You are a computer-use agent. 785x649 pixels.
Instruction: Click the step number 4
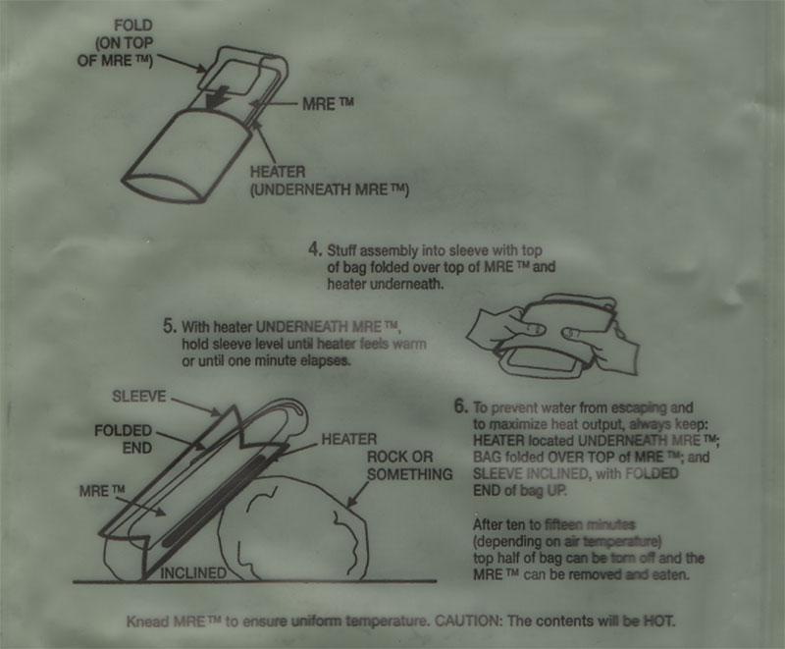click(x=315, y=248)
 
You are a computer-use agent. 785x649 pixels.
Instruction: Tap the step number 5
click(x=170, y=327)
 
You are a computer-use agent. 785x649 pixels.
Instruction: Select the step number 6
click(x=461, y=406)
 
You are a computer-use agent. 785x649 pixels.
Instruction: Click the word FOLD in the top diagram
click(x=132, y=26)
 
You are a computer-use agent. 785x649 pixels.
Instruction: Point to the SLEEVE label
click(x=138, y=396)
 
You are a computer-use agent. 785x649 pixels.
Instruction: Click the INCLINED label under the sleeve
click(x=193, y=572)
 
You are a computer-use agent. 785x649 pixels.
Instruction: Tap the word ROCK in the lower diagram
click(x=386, y=457)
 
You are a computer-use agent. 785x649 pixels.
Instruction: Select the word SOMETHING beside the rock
click(x=410, y=474)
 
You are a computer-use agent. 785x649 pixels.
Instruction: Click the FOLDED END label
click(x=124, y=439)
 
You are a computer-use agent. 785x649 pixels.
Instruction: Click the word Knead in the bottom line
click(x=148, y=622)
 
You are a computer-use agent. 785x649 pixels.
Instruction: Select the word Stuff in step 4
click(x=341, y=249)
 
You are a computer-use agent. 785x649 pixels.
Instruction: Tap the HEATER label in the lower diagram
click(x=349, y=440)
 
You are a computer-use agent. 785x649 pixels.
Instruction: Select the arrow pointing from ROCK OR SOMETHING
click(x=358, y=493)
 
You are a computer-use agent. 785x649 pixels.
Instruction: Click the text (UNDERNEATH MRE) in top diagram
click(x=330, y=190)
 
